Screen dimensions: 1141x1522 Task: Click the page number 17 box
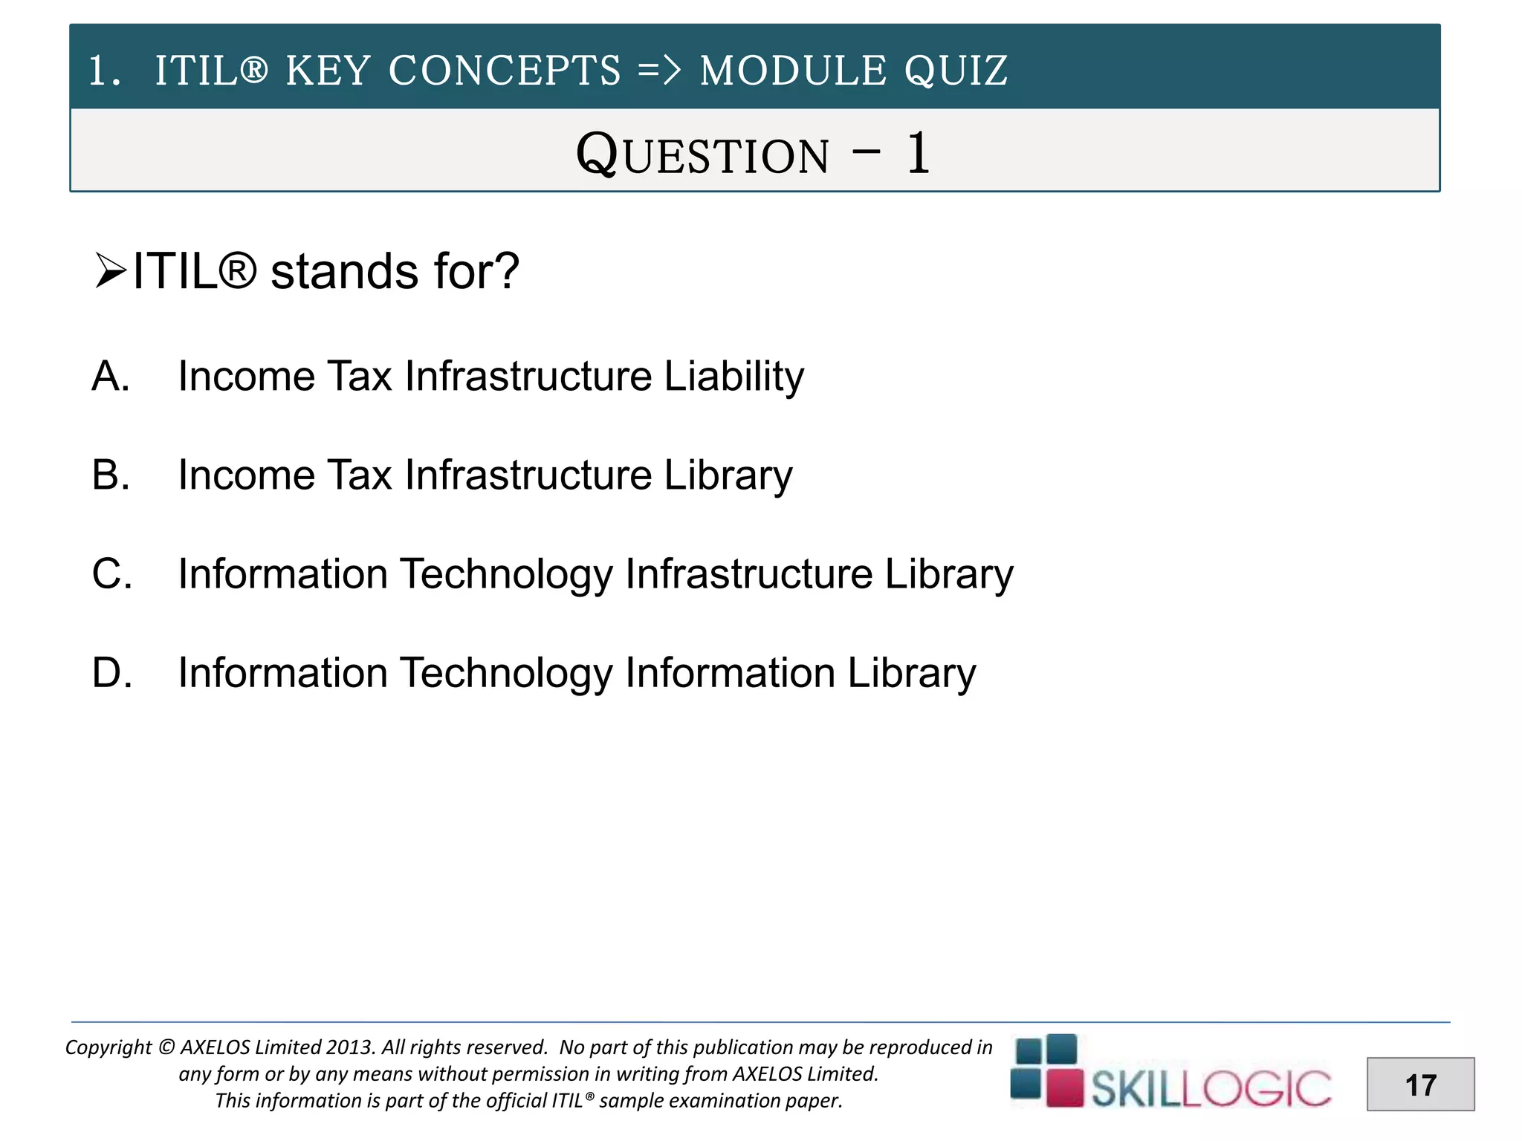1420,1085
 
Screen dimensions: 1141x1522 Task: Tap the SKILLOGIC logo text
1211,1089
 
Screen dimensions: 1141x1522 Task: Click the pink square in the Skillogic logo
1064,1088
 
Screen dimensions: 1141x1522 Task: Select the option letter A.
110,376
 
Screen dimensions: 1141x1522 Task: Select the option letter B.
110,475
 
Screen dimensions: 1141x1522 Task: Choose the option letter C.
111,574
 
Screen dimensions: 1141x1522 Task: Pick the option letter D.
111,673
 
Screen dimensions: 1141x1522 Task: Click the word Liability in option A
734,376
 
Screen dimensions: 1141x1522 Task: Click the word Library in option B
728,475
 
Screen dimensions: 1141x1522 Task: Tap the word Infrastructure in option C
748,574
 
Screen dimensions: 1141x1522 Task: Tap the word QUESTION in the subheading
702,155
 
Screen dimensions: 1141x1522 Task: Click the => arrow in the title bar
659,71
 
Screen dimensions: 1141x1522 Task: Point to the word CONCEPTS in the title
504,71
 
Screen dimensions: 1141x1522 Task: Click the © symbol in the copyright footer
166,1047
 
